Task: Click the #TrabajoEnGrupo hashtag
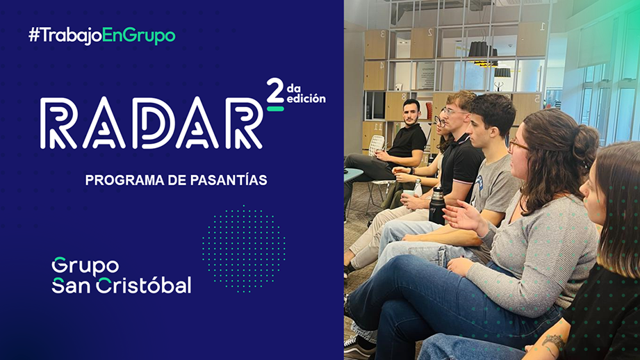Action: [x=102, y=35]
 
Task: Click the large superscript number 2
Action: [x=275, y=90]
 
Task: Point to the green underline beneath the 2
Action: [x=275, y=108]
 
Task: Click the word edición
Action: [x=306, y=99]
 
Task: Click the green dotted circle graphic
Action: [x=244, y=249]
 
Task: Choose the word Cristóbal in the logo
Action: [x=144, y=286]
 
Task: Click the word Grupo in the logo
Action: [x=85, y=267]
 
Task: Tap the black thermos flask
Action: [x=436, y=206]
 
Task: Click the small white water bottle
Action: [x=417, y=188]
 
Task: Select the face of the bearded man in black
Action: [x=410, y=113]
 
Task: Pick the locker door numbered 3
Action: [x=375, y=44]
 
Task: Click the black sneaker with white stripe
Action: [x=359, y=349]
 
